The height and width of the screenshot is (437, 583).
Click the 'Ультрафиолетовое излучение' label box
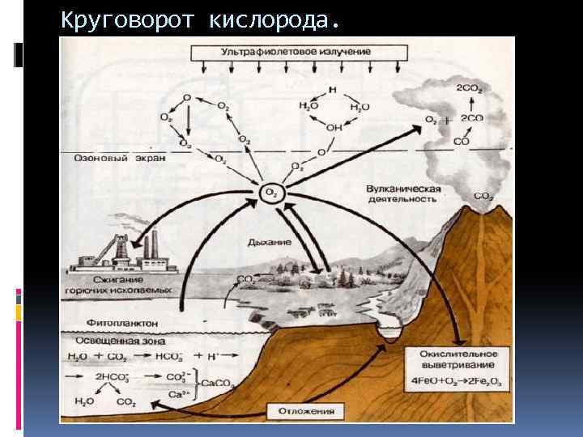click(x=296, y=52)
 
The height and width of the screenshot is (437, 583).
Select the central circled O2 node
click(x=270, y=192)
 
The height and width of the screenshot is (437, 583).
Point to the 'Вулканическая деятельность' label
click(x=403, y=193)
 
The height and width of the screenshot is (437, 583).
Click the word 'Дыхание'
click(x=270, y=241)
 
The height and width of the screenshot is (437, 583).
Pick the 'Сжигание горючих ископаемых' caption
click(x=119, y=283)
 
